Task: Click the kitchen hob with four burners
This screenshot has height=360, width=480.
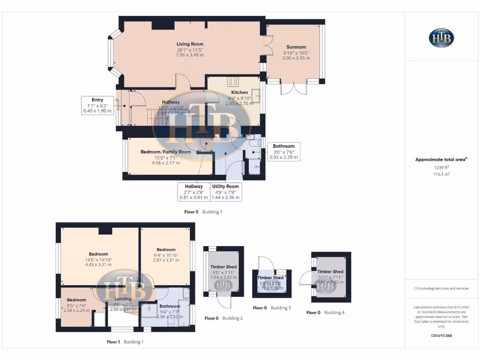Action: point(233,82)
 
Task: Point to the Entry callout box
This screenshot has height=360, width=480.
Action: point(97,105)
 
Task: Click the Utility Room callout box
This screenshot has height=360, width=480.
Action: point(225,192)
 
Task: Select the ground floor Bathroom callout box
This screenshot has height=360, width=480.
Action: point(284,151)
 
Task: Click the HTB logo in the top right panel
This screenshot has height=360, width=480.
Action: point(441,38)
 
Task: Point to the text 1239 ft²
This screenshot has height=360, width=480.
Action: point(441,167)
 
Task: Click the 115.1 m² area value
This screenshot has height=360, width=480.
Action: point(441,174)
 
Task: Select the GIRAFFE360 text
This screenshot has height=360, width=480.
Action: point(441,336)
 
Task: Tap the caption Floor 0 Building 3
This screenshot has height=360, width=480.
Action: point(272,308)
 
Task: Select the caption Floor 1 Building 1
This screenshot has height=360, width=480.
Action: point(125,342)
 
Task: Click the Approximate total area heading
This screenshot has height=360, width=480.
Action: point(441,160)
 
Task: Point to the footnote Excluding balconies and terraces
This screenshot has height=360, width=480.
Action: point(441,288)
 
